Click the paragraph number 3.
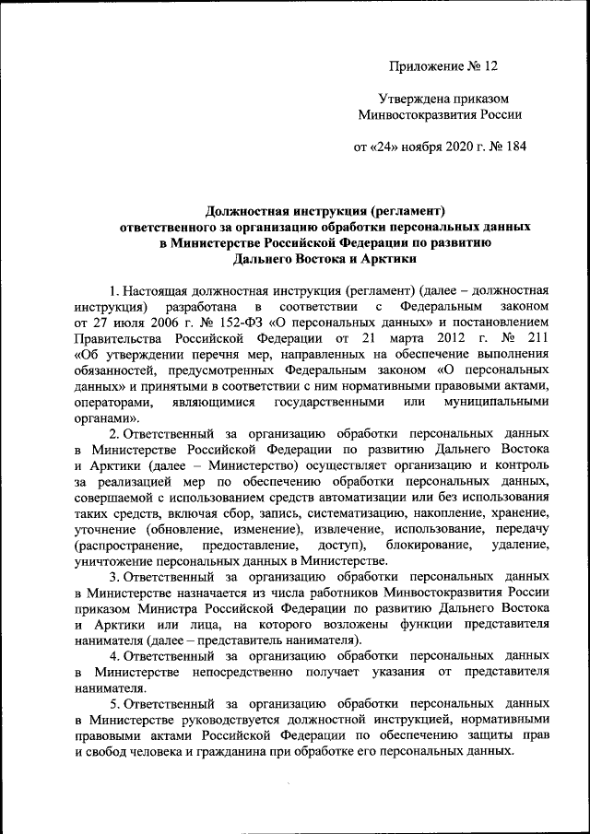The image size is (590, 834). point(113,576)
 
